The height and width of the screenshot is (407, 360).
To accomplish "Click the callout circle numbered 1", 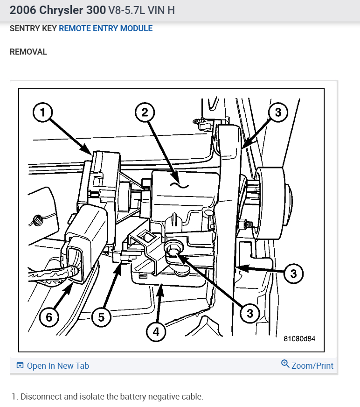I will [42, 112].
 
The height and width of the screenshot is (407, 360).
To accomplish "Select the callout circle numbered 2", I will [145, 112].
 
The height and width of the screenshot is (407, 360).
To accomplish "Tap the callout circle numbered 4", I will [156, 332].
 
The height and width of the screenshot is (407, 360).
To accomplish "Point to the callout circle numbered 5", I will [101, 317].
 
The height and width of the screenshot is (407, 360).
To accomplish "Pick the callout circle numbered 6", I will [49, 317].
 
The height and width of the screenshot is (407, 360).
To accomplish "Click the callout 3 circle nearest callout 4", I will [250, 313].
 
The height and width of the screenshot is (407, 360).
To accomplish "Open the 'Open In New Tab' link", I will [57, 366].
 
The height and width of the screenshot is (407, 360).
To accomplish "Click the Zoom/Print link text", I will [312, 366].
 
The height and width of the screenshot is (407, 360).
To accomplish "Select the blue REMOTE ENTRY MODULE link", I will [105, 28].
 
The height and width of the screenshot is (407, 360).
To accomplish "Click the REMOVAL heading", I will [28, 52].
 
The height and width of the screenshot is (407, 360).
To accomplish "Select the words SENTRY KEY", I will [33, 28].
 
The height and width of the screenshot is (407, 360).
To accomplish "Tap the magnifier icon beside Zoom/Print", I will [285, 364].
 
